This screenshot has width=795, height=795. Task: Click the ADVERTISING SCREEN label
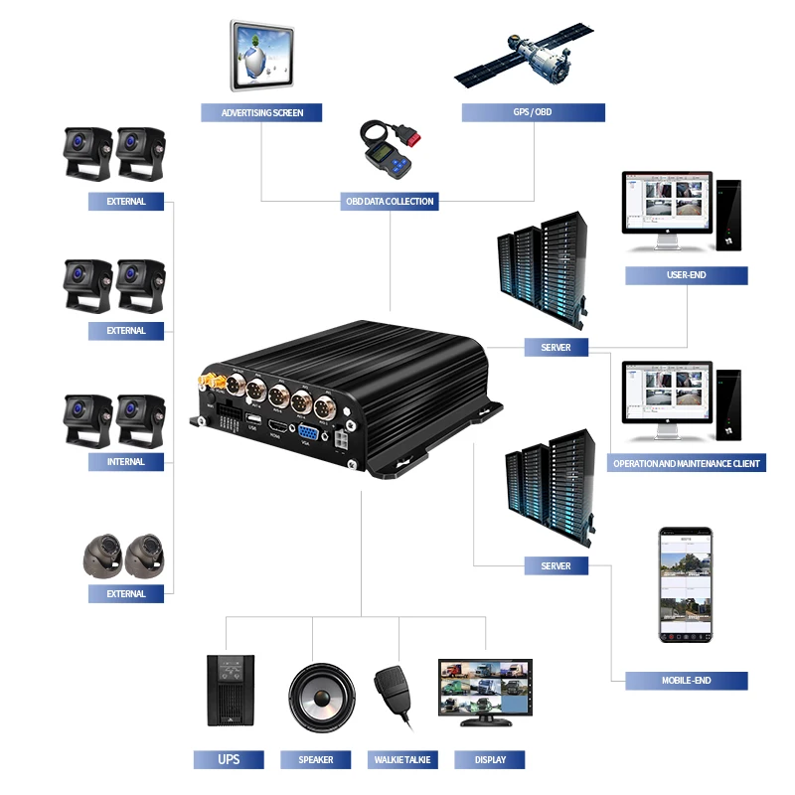261,112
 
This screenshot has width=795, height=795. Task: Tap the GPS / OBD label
533,112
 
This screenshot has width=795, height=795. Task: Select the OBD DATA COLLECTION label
389,201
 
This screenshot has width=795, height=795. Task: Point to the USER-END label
686,275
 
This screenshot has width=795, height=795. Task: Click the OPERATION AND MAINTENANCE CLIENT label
686,463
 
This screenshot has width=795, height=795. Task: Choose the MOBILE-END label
686,681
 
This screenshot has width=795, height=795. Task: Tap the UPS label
229,760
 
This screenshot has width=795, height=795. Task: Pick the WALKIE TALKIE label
402,760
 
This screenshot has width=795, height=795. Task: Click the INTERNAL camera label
125,462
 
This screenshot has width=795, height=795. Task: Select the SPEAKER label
316,760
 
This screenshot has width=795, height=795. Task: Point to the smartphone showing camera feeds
686,584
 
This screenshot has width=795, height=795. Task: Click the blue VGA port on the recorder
308,433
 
